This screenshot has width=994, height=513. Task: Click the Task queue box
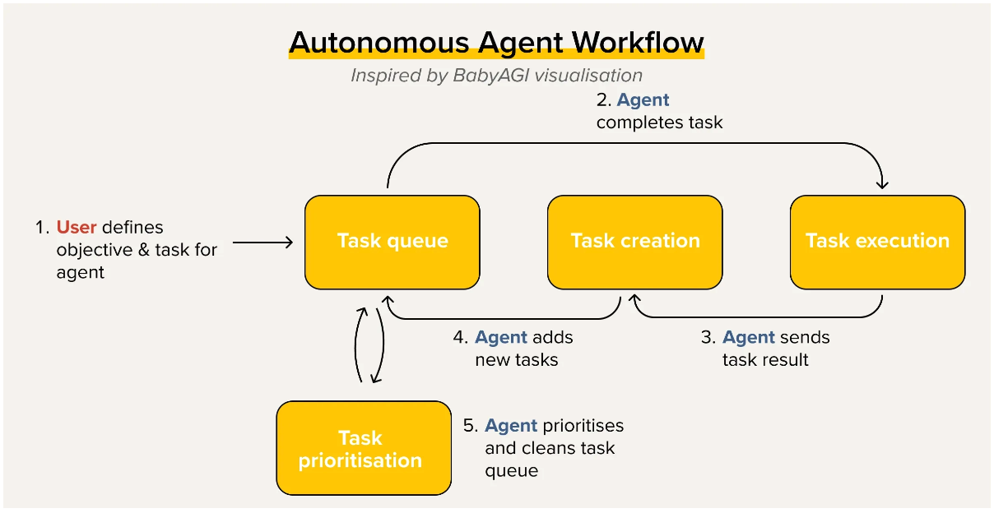[x=392, y=242]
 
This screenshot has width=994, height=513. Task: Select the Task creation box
[x=635, y=242]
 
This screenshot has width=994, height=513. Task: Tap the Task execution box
[x=878, y=242]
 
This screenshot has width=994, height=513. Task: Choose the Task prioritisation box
[x=364, y=448]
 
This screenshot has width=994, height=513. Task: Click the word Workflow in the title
[x=638, y=43]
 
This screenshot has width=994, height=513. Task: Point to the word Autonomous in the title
[x=379, y=43]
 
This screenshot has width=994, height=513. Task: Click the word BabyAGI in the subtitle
[x=490, y=76]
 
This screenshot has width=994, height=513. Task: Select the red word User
[x=77, y=227]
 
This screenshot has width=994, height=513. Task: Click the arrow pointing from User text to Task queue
[x=262, y=242]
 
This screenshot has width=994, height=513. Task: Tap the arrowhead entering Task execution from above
[x=882, y=184]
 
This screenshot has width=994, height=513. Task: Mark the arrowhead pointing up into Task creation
[x=634, y=298]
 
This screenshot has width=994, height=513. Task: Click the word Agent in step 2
[x=643, y=99]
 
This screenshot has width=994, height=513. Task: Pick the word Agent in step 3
[x=749, y=337]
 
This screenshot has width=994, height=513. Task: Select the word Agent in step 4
[x=501, y=337]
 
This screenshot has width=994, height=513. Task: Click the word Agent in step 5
[x=511, y=425]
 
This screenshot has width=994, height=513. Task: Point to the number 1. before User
[x=42, y=228]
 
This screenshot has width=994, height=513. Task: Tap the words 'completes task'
[x=659, y=122]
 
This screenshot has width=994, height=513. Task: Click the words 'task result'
[x=765, y=359]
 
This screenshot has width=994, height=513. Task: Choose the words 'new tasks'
[x=517, y=359]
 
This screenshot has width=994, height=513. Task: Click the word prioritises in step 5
[x=583, y=426]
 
